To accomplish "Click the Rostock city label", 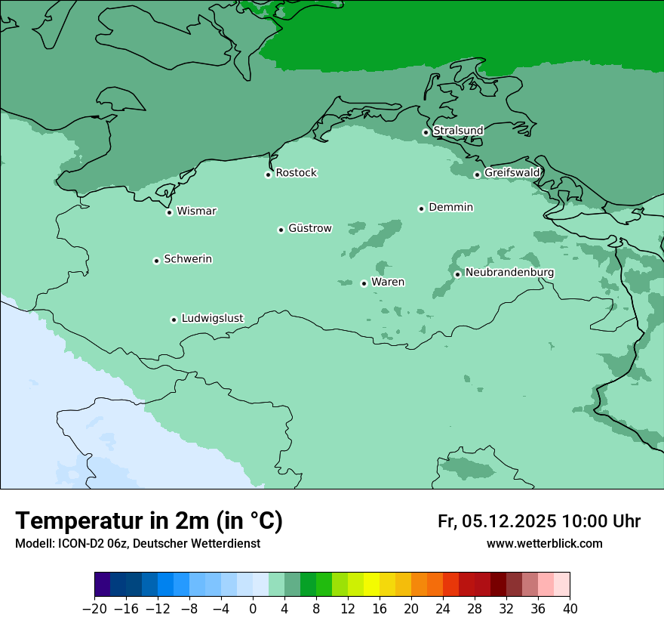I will point(296,173).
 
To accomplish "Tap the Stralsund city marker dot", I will point(426,132).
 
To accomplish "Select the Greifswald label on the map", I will point(512,173).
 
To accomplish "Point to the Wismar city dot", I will point(170,212).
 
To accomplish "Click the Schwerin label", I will point(188,259).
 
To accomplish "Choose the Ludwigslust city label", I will point(212,318).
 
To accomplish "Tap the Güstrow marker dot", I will point(281,230).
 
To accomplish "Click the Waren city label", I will point(388,282).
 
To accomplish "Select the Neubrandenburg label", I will point(509,272).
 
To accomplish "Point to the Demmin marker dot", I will point(421,208).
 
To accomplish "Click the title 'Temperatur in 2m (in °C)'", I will point(149,520).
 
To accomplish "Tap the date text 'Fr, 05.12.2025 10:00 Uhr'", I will point(539,521).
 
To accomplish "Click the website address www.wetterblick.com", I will point(544,543).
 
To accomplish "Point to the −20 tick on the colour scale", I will point(95,609).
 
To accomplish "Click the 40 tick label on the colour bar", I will point(570,609).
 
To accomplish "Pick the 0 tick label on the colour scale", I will point(253,609).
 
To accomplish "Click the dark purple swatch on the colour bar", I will point(103,585).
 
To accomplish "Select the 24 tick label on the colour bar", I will point(443,609).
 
